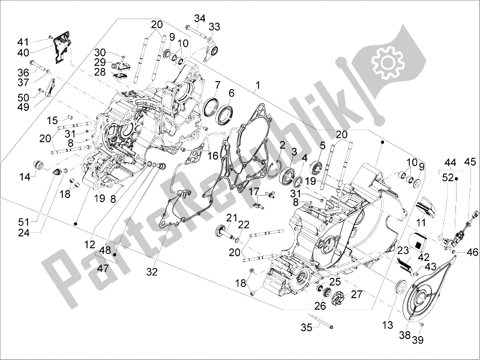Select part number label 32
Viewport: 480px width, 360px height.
tap(151, 272)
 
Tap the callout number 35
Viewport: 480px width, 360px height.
tap(306, 328)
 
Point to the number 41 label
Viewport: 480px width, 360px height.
tap(23, 41)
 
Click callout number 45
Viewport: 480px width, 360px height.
tap(470, 161)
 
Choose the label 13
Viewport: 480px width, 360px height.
tap(388, 325)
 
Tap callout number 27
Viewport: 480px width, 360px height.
tap(356, 294)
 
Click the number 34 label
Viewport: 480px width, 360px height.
tap(199, 17)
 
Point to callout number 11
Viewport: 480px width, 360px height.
tap(422, 223)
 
